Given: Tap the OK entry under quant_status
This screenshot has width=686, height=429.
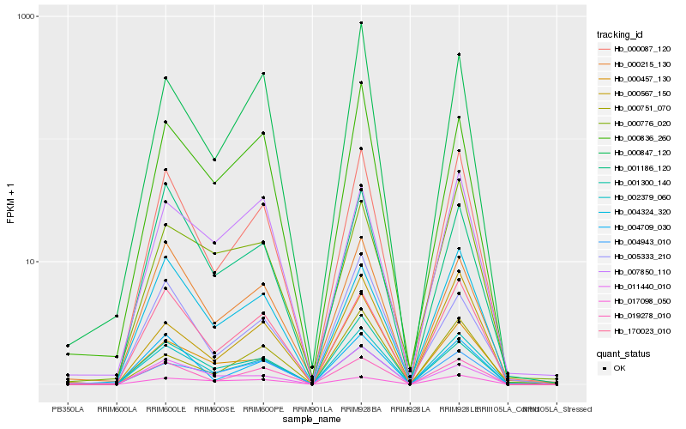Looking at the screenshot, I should (x=618, y=367).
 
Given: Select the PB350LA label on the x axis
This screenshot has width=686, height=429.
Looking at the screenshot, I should (x=68, y=409).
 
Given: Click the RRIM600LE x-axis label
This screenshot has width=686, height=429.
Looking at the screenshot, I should (x=165, y=409).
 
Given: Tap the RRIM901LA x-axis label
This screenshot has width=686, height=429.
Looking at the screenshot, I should (x=312, y=409).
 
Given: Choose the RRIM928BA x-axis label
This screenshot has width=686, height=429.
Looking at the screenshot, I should (x=361, y=409).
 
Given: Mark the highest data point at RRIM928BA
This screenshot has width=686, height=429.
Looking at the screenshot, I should (x=361, y=23).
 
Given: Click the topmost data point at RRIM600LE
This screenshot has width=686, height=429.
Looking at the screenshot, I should (x=165, y=78).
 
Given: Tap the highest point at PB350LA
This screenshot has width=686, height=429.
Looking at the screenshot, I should (x=68, y=346).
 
